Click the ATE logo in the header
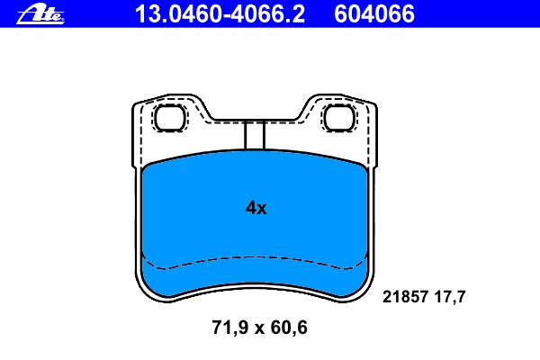(40, 15)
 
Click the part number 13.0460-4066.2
(220, 14)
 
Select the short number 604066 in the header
(374, 14)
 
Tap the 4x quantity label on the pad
(256, 208)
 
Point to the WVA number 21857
(405, 297)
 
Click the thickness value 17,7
(450, 297)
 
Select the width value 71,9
(229, 328)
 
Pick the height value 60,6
(289, 328)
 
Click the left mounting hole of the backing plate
(170, 118)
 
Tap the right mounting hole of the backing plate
(339, 118)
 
